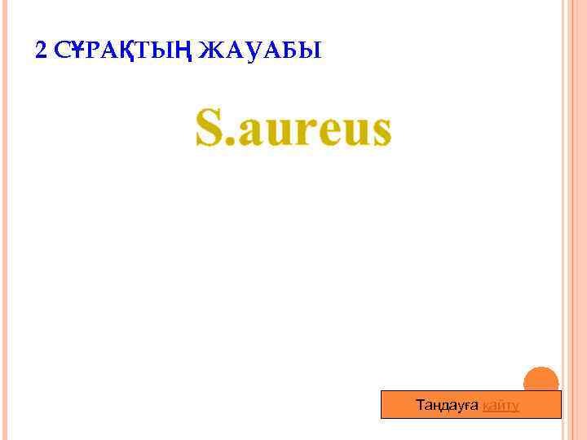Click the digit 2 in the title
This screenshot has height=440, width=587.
click(42, 51)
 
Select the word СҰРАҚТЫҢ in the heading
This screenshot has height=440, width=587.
click(123, 51)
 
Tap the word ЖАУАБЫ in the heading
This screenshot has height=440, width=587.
click(260, 51)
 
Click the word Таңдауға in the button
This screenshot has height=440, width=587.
click(447, 405)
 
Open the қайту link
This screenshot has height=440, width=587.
click(501, 405)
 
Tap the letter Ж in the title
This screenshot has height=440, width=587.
click(210, 51)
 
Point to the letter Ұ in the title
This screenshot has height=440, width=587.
click(78, 51)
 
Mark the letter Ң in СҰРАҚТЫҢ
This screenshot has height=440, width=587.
click(182, 51)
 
